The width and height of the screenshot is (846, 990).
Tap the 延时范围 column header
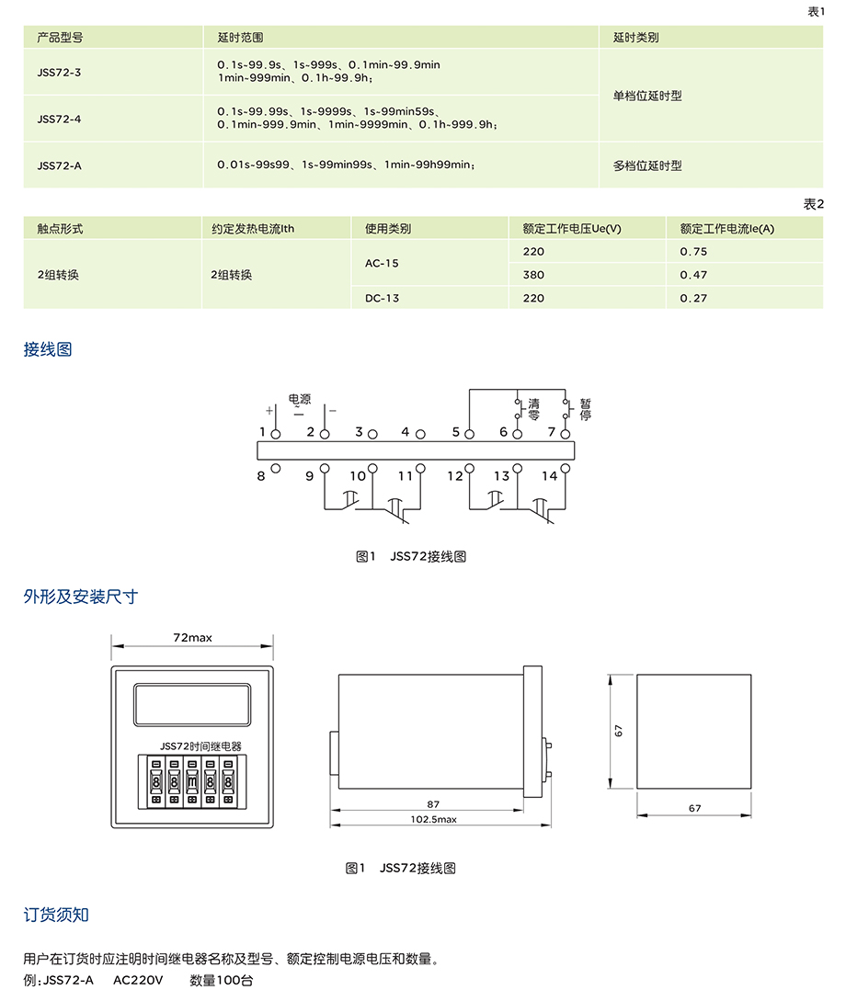(x=240, y=39)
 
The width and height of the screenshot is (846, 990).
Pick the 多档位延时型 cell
(x=647, y=165)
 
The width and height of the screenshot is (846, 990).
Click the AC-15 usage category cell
(x=382, y=263)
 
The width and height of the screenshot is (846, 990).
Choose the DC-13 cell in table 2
(x=382, y=298)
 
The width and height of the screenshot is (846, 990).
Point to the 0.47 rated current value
(x=693, y=275)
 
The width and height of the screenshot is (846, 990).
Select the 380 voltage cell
(x=533, y=275)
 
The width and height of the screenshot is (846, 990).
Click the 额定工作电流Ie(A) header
(x=726, y=229)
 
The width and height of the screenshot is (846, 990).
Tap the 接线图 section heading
(x=48, y=349)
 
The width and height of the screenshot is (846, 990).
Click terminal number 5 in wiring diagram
(x=456, y=432)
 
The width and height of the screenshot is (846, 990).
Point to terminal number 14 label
(x=549, y=475)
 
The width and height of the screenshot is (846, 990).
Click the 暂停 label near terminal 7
(x=585, y=409)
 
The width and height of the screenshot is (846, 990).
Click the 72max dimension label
(x=192, y=637)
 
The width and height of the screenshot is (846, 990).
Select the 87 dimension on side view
(x=434, y=803)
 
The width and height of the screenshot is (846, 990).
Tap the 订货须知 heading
(x=56, y=915)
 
